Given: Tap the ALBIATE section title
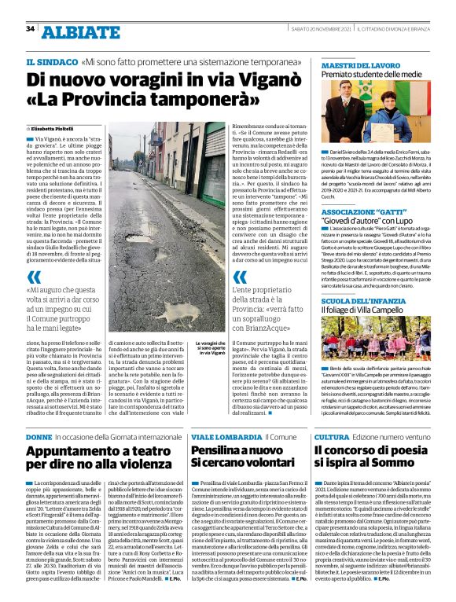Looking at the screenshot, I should (x=72, y=31).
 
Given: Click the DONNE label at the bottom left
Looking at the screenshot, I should (x=39, y=435).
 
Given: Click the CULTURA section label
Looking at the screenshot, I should (x=332, y=435).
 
